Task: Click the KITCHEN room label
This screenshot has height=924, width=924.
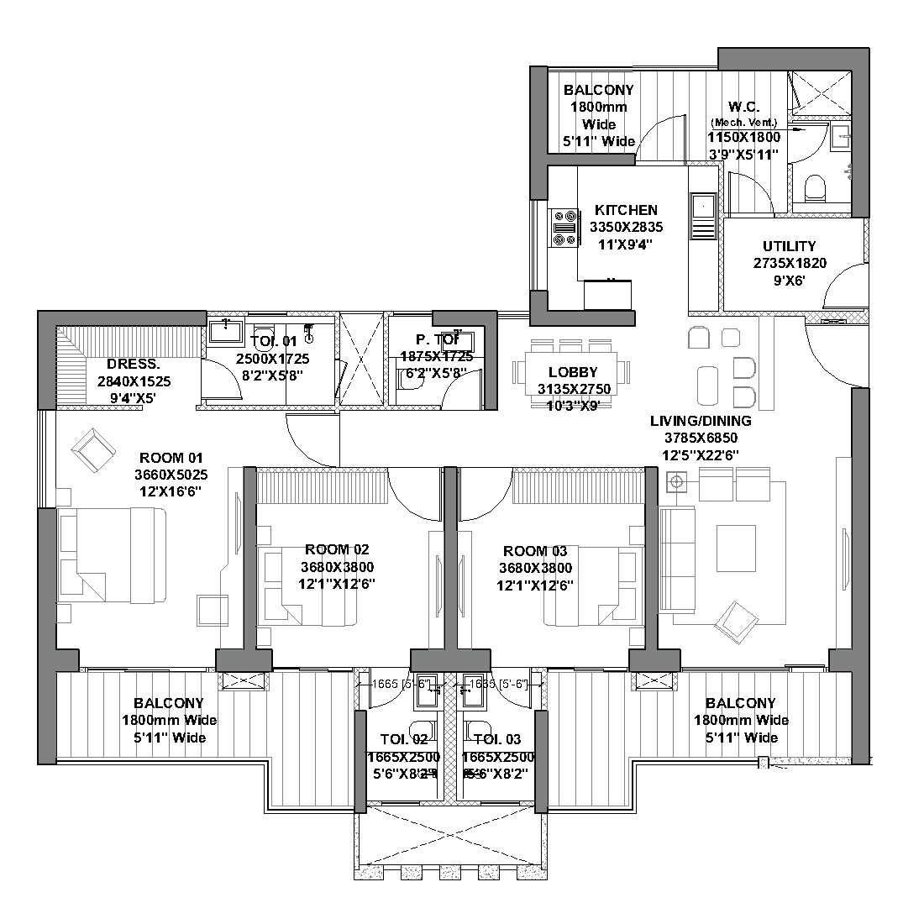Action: click(x=626, y=210)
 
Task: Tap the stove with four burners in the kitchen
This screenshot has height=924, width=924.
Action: click(x=564, y=228)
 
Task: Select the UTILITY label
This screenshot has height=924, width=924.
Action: click(x=789, y=246)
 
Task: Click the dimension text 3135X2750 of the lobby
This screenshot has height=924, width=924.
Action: click(x=574, y=389)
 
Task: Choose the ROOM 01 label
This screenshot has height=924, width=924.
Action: click(x=171, y=458)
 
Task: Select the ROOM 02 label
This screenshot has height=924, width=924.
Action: click(x=337, y=549)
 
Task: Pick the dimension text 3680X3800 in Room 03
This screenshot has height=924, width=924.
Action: click(x=534, y=568)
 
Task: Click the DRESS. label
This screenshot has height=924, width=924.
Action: click(x=134, y=364)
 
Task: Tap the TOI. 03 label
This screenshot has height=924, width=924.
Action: click(x=497, y=739)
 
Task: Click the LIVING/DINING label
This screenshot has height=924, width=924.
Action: click(x=701, y=421)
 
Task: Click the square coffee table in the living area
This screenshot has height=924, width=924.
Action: click(x=735, y=548)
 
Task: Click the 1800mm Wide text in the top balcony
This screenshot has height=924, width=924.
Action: click(x=598, y=107)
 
